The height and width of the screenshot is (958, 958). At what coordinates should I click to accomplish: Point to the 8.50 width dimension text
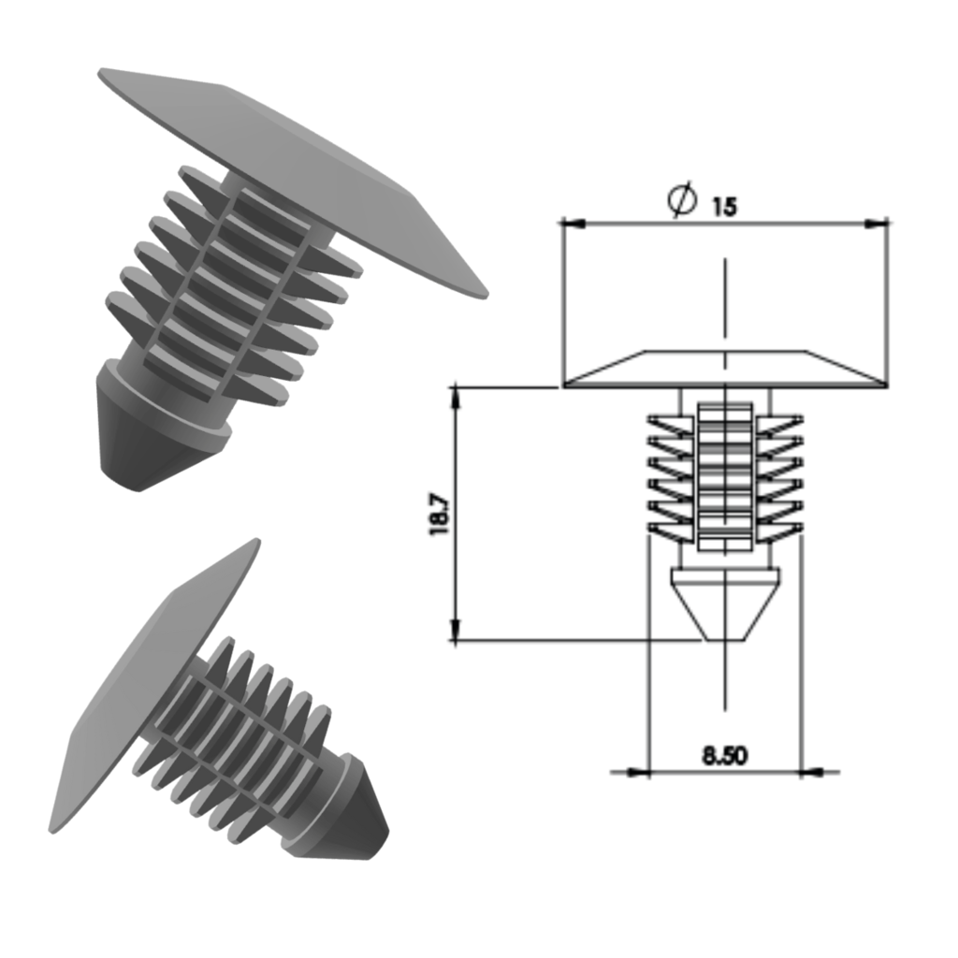click(x=725, y=755)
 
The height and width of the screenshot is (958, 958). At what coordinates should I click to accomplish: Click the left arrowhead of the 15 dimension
click(x=571, y=223)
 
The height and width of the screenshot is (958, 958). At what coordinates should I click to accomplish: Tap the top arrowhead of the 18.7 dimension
click(x=456, y=394)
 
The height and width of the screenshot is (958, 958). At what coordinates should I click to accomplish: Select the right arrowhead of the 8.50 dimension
click(x=812, y=772)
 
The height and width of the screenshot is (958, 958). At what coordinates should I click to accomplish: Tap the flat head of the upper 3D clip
click(x=299, y=178)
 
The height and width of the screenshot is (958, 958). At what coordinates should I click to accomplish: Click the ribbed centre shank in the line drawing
click(x=725, y=472)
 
